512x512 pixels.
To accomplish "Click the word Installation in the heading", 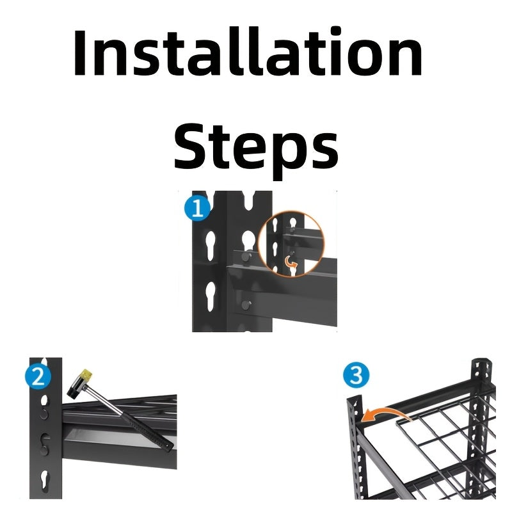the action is coord(248,52).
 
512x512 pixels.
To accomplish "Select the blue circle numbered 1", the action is coord(197,209).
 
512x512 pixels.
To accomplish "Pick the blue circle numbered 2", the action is coord(38,377).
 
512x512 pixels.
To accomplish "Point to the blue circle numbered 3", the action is coord(356,375).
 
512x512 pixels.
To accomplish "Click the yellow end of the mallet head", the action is coord(86,374).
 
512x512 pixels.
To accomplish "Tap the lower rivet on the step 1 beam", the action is coord(246,305).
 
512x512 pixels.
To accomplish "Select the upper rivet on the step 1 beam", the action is coord(246,256).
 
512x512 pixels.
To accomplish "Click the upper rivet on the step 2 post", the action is coord(44,414).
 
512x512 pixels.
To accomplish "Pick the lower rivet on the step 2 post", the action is coord(44,451).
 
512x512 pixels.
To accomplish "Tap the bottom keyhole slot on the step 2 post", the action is coord(44,481).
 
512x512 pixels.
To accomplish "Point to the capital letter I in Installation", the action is coord(79,52).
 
